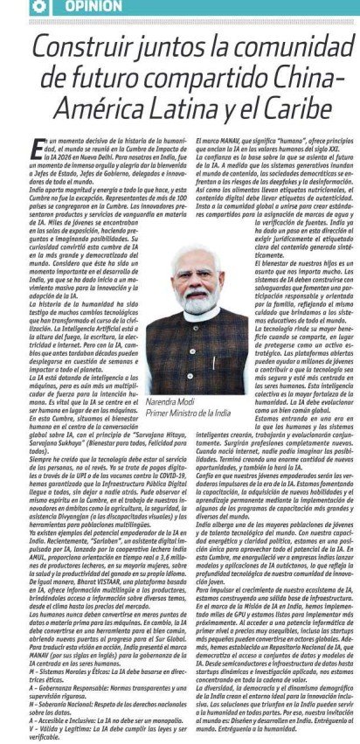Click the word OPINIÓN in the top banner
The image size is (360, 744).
click(93, 7)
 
